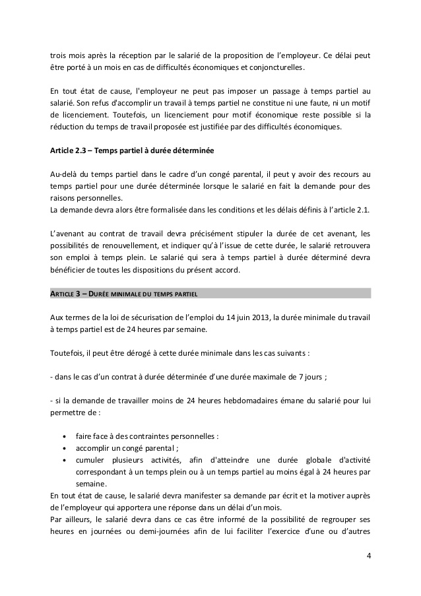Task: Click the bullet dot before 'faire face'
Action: pyautogui.click(x=63, y=436)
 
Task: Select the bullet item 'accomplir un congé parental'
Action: pyautogui.click(x=127, y=448)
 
